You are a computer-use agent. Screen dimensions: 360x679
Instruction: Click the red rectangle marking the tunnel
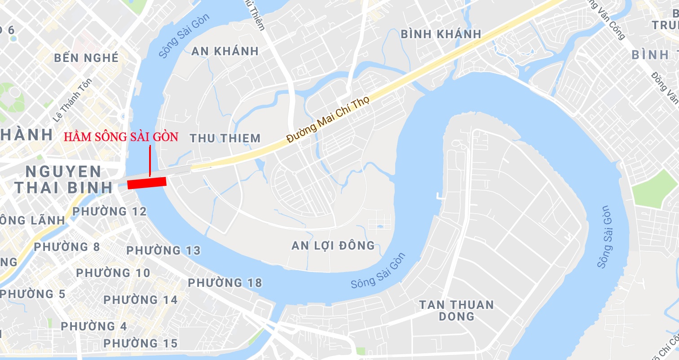147,183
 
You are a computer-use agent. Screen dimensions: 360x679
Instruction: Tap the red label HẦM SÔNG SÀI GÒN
121,137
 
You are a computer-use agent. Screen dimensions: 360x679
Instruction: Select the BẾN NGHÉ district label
87,58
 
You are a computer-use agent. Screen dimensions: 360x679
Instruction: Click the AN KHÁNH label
225,51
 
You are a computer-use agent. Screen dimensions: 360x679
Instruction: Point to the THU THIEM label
225,138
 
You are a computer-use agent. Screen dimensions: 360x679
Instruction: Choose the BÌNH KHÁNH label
441,34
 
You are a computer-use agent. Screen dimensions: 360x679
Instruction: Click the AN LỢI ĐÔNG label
333,246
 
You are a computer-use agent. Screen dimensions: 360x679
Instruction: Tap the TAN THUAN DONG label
456,311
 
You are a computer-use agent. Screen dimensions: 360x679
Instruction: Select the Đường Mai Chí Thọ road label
328,119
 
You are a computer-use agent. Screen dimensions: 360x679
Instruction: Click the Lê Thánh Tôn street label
72,101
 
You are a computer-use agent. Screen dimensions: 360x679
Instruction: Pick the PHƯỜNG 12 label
110,211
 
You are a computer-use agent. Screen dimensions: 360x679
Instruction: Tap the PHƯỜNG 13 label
163,250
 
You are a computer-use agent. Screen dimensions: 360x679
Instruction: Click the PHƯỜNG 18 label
225,283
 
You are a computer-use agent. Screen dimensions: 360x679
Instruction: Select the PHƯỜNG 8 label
67,247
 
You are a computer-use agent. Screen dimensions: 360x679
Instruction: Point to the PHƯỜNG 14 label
141,300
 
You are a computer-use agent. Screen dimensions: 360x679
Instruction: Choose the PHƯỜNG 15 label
141,344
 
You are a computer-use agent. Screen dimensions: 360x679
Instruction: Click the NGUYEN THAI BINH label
63,180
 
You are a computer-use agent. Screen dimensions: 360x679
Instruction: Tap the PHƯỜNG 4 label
94,326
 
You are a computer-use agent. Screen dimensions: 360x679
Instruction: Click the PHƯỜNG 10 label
113,273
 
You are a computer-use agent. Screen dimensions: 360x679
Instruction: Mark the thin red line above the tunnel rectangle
150,160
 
